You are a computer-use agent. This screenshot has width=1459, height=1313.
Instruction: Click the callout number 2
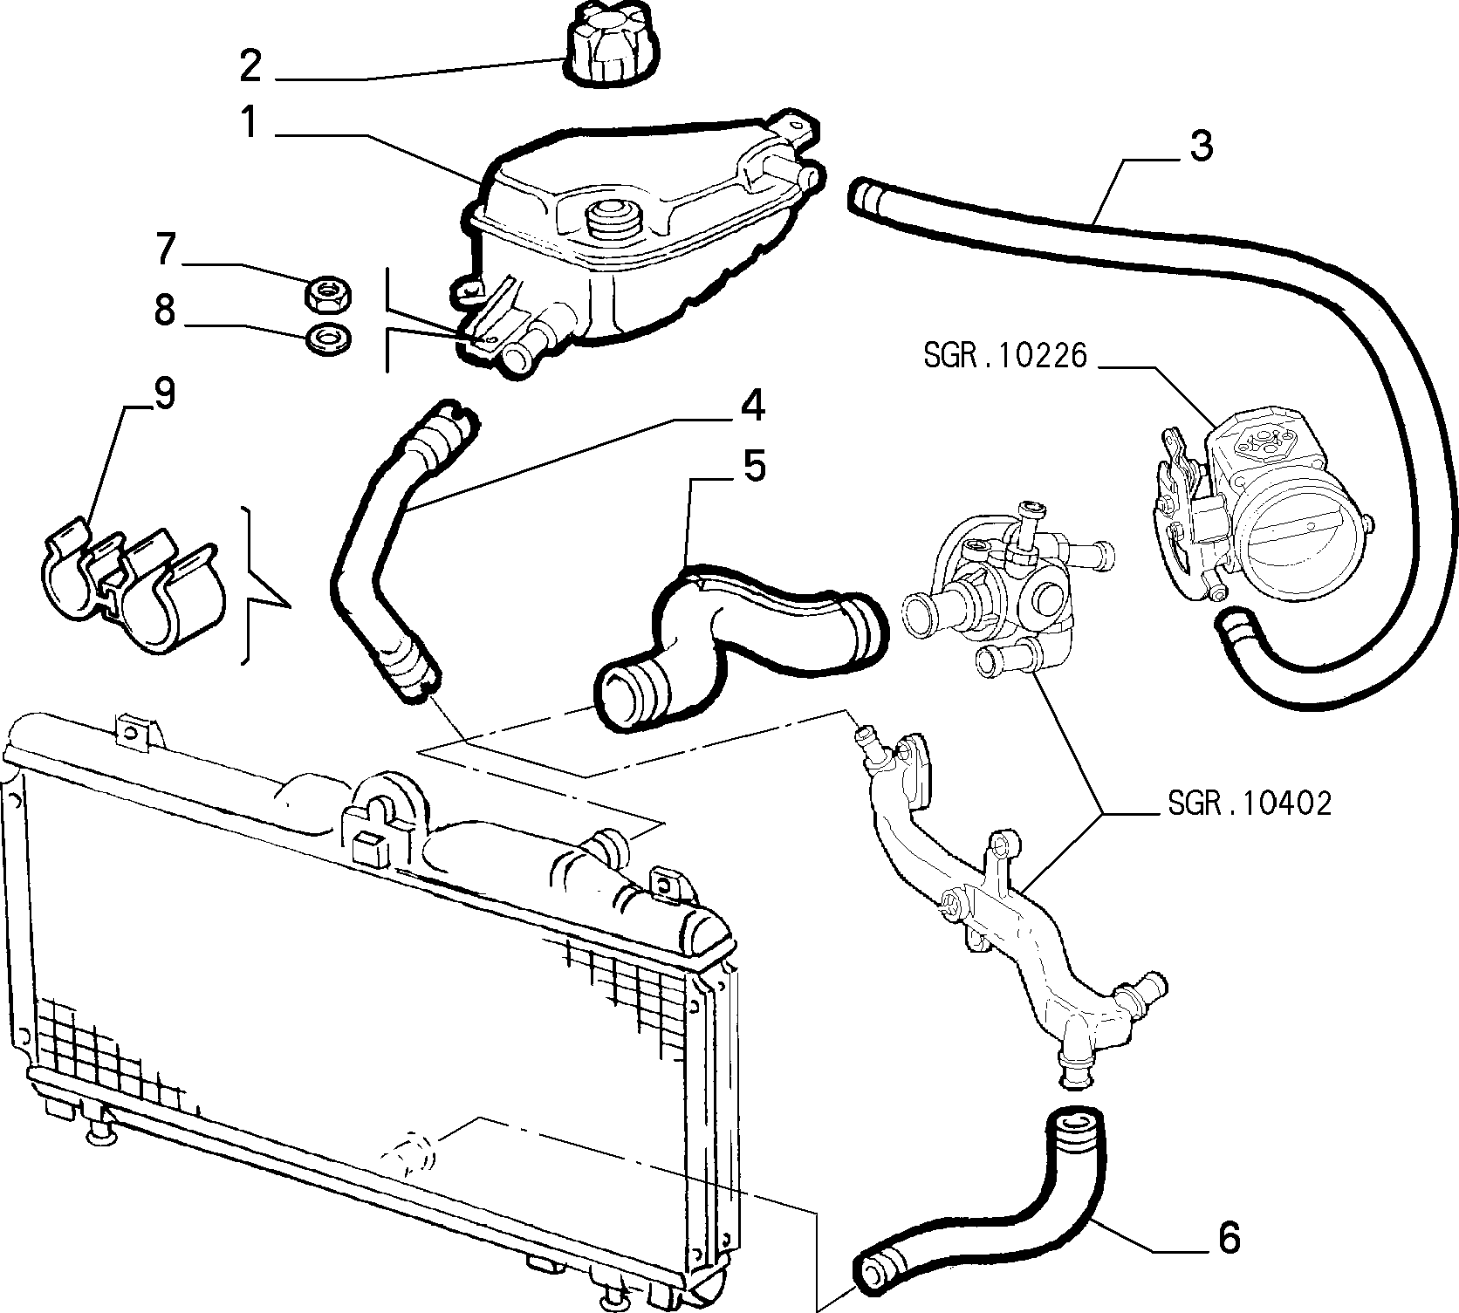point(250,66)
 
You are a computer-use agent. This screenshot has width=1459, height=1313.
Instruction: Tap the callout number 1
point(250,122)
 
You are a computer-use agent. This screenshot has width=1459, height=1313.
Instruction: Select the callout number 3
point(1202,146)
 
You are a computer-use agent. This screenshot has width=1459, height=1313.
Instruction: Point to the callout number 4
point(753,406)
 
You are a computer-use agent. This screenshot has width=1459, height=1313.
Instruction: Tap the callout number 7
point(165,250)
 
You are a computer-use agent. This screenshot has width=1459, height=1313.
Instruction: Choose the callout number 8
point(165,310)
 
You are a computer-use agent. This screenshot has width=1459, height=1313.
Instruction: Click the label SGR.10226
point(1006,356)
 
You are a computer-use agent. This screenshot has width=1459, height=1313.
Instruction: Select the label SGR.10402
point(1250,803)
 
